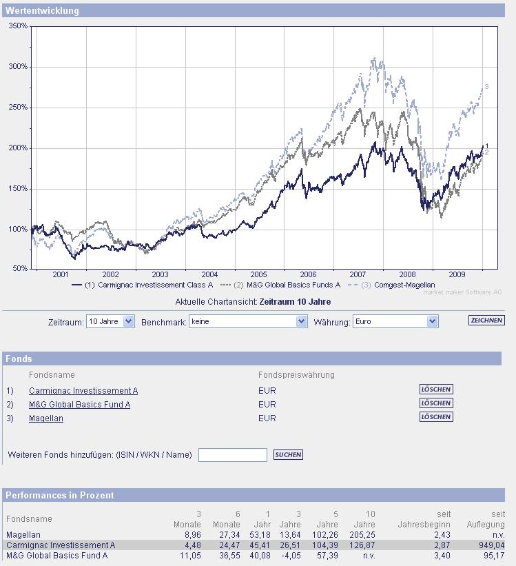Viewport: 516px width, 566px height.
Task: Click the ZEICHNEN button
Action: [486, 321]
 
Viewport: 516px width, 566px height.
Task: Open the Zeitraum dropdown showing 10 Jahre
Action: [110, 321]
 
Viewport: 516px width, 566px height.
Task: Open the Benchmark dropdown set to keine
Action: [248, 321]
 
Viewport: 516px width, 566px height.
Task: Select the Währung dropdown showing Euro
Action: [395, 321]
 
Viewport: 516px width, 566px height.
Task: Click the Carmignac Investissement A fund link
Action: [83, 391]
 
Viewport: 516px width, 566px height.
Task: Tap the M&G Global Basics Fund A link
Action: [79, 405]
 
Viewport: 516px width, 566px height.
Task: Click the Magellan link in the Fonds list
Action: [46, 418]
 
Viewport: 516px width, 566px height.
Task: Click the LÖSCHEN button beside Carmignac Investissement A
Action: [436, 390]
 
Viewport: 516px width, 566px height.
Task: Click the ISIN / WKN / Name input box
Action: [232, 455]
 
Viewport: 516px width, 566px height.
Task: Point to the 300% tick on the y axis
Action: [18, 67]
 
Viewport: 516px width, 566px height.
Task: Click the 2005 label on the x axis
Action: [258, 274]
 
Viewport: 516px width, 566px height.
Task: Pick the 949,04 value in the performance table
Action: [491, 545]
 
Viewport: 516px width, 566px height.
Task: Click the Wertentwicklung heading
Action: [42, 11]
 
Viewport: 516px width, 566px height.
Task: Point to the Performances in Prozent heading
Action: [60, 495]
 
